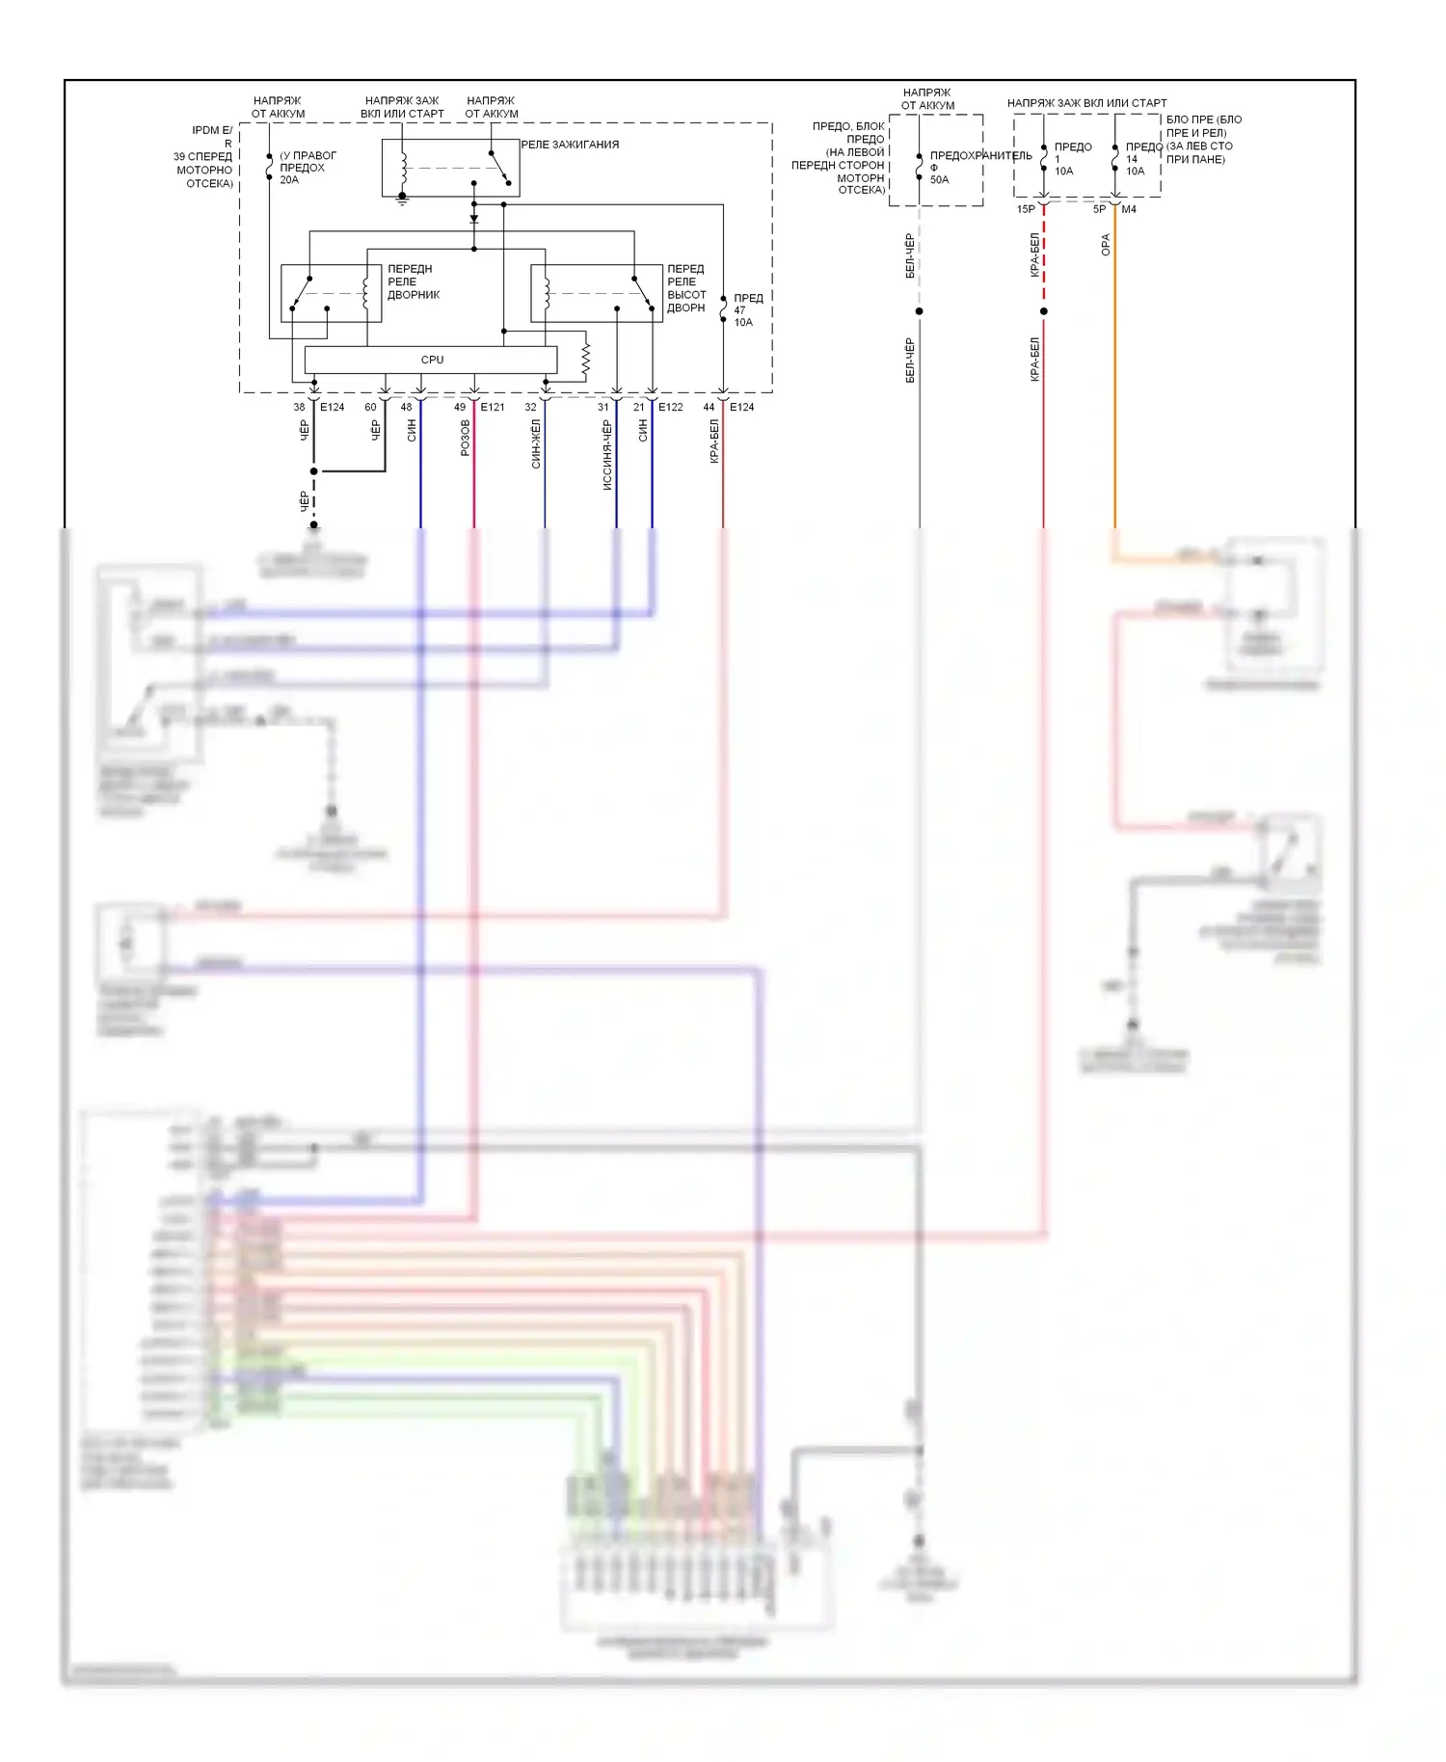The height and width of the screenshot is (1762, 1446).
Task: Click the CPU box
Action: coord(431,360)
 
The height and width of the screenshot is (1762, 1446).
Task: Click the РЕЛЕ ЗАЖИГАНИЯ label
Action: coord(570,145)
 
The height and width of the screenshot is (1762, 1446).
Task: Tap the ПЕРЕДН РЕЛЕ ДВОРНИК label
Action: coord(414,281)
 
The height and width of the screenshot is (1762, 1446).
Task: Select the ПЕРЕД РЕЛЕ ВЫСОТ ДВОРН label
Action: coord(686,288)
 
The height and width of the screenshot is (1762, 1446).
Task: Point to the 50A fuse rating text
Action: coord(939,180)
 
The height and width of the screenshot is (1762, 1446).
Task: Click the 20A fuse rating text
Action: coord(289,180)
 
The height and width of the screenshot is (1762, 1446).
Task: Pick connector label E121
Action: coord(493,407)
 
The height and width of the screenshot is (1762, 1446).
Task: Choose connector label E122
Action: coord(671,407)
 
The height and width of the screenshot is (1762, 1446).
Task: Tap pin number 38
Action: coord(299,407)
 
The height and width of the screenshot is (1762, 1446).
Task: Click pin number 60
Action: coord(370,407)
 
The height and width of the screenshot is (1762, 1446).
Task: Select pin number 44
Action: coord(709,407)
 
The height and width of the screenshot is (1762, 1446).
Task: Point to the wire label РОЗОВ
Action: coord(466,438)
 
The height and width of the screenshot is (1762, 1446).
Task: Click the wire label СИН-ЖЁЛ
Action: coord(536,443)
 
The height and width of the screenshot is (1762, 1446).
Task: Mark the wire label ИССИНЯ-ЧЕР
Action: coord(607,455)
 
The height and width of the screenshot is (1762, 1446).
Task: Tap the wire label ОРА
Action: coord(1106,245)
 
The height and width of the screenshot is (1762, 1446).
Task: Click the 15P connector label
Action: coord(1026,209)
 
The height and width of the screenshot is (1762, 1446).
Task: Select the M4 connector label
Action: coord(1129,209)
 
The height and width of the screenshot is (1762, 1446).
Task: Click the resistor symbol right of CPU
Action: coord(585,359)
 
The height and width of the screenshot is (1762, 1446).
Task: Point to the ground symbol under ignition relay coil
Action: coord(403,200)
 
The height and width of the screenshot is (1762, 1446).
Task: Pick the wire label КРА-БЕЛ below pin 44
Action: coord(714,440)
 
